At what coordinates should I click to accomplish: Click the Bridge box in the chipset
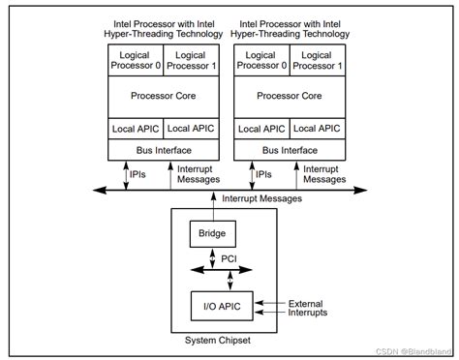click(211, 233)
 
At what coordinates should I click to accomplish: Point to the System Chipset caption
click(223, 340)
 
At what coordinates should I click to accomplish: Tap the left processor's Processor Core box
click(164, 96)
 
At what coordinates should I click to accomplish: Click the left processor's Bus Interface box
click(164, 151)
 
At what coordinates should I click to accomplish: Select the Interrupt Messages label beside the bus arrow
click(261, 198)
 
